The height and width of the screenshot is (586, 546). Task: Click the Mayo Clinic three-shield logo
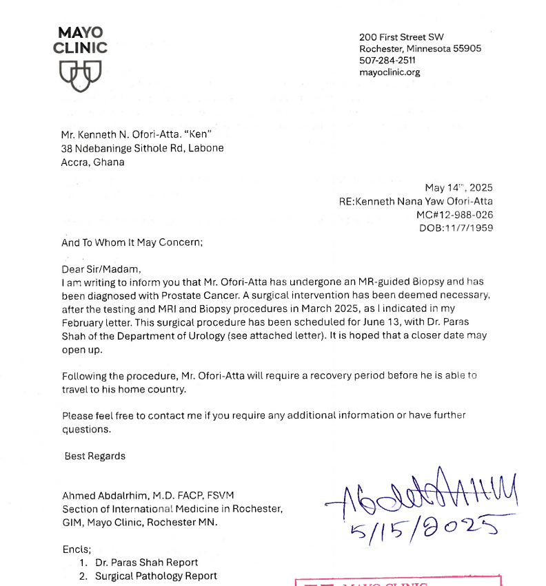(x=81, y=72)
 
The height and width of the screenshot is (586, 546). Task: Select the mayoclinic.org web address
(x=390, y=72)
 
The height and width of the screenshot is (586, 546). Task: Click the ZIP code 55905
(x=467, y=49)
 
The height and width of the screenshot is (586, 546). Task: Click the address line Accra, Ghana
(x=93, y=162)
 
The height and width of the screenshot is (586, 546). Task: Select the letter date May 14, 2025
(x=458, y=188)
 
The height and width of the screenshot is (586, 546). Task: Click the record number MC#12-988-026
(x=455, y=215)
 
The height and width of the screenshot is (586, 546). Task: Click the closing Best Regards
(x=95, y=456)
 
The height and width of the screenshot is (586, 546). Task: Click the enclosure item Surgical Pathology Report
(x=156, y=576)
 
